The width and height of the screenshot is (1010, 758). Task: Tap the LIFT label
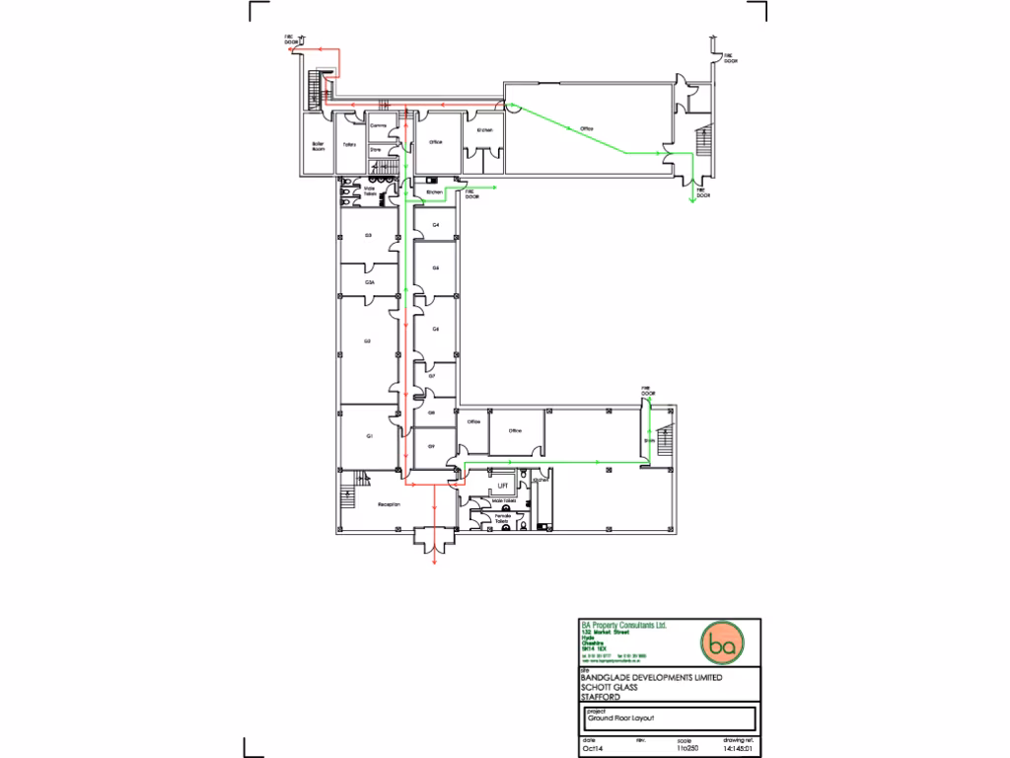(502, 486)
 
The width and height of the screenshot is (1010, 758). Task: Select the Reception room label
(389, 504)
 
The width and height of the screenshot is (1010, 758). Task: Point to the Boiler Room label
(318, 146)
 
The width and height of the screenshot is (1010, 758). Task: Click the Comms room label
(377, 126)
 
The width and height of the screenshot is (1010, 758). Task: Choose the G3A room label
(369, 282)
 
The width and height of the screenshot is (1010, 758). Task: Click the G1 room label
(369, 436)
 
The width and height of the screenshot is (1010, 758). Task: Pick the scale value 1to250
(686, 749)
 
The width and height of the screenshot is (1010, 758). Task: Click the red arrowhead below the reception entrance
(435, 563)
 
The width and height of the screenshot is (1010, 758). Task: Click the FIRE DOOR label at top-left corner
(291, 40)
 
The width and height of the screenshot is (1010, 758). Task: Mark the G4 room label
(435, 226)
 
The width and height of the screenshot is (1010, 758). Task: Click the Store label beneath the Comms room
(375, 150)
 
